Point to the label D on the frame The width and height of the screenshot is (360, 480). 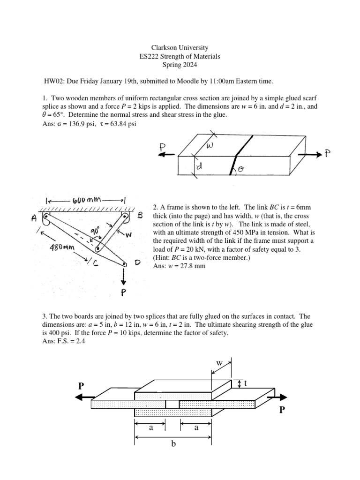pos(138,263)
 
